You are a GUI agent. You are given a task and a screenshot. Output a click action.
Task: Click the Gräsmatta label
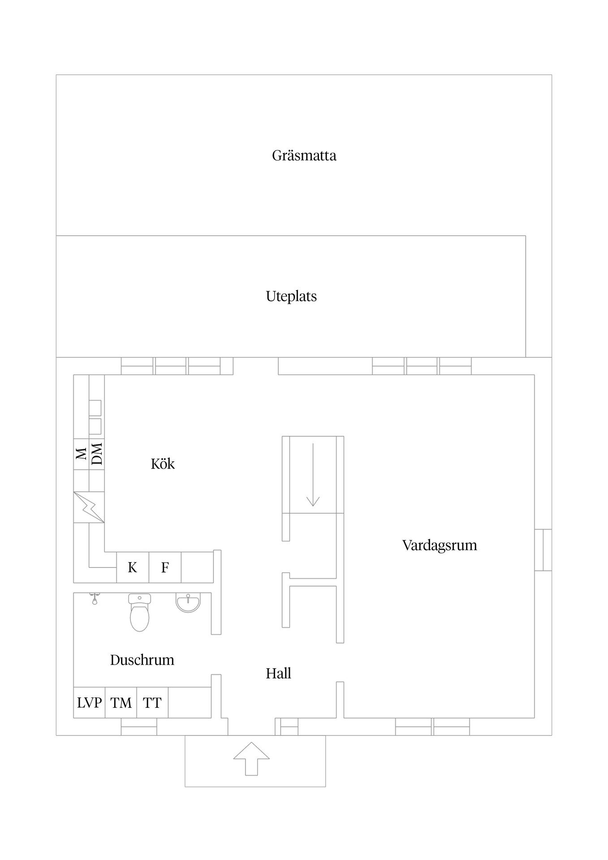click(x=304, y=155)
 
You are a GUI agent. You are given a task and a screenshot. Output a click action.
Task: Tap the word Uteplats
click(x=291, y=296)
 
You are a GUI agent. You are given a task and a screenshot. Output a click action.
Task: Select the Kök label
click(x=163, y=464)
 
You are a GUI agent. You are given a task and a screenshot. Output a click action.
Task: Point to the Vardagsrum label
click(x=440, y=545)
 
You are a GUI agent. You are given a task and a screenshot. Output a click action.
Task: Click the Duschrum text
click(x=142, y=660)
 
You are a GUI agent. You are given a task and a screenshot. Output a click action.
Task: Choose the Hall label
click(x=278, y=673)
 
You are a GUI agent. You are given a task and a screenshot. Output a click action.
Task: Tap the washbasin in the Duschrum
click(x=188, y=603)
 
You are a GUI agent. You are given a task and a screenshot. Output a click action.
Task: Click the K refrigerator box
click(x=132, y=568)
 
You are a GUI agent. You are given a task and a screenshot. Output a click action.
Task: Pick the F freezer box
click(x=165, y=568)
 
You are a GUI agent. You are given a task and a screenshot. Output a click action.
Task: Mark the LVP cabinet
click(x=89, y=703)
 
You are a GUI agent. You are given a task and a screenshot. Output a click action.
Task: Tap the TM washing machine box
click(x=121, y=703)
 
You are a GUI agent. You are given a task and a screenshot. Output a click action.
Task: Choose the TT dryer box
click(x=152, y=703)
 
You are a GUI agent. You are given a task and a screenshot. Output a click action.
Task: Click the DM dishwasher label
click(x=97, y=454)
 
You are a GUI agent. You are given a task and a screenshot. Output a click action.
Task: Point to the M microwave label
click(x=81, y=454)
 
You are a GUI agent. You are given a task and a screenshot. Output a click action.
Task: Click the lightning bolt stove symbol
click(x=89, y=507)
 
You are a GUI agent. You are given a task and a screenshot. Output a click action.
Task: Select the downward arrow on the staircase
click(x=313, y=475)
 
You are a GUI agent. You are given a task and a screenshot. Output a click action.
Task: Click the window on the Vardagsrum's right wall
click(x=543, y=550)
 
